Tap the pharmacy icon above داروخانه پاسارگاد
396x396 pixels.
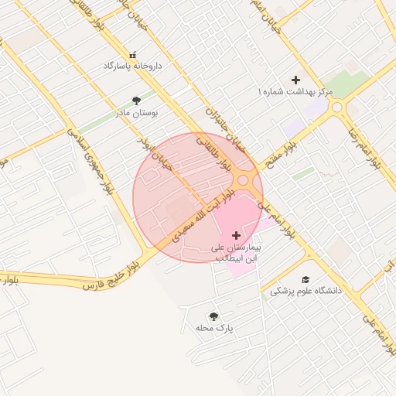[132, 55]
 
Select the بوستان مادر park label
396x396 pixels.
[136, 113]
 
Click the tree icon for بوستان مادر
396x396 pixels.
[137, 101]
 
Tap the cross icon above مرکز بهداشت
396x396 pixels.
[295, 80]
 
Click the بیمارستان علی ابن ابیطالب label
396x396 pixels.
[237, 251]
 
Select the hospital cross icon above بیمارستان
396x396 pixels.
[236, 234]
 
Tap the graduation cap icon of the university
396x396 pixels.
[305, 279]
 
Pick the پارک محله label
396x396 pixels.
[214, 329]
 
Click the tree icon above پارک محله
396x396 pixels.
[213, 316]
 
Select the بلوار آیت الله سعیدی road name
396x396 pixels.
[202, 213]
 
